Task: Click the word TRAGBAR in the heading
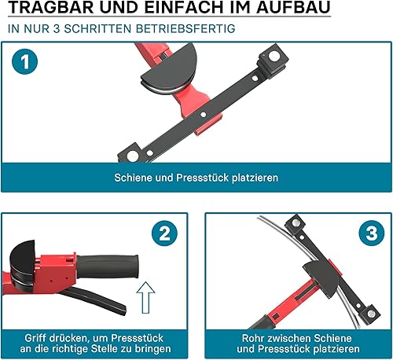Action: pyautogui.click(x=51, y=7)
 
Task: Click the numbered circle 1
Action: pyautogui.click(x=24, y=62)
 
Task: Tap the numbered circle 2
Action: pyautogui.click(x=164, y=233)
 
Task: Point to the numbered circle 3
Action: pyautogui.click(x=372, y=233)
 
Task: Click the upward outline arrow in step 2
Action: pyautogui.click(x=145, y=297)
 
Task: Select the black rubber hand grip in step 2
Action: pyautogui.click(x=108, y=267)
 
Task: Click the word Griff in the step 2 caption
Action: pyautogui.click(x=34, y=338)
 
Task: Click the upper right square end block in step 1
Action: pyautogui.click(x=274, y=60)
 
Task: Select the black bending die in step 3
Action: pyautogui.click(x=321, y=278)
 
